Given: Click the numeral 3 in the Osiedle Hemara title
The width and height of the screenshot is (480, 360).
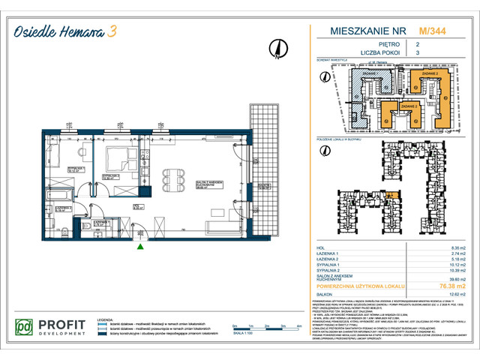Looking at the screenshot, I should tap(112, 31).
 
